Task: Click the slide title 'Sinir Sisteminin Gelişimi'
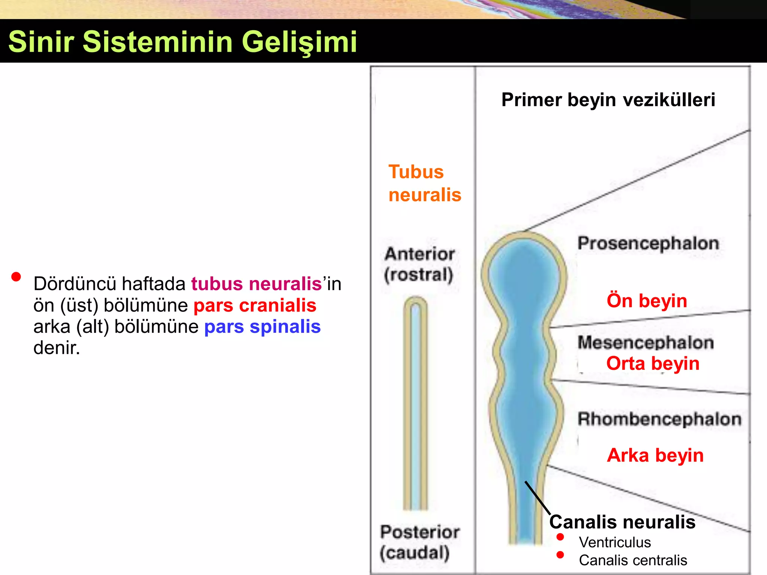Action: [x=182, y=41]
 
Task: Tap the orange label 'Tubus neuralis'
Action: [x=424, y=183]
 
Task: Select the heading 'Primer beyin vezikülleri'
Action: [x=608, y=100]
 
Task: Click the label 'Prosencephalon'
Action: [x=648, y=243]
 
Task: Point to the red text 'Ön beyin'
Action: [x=647, y=301]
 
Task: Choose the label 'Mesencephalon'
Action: [x=646, y=343]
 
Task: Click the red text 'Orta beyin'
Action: [x=653, y=363]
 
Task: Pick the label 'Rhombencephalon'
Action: [x=659, y=419]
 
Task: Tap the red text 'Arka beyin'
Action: [x=655, y=456]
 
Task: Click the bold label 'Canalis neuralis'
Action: [x=622, y=522]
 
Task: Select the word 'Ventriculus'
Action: [x=615, y=542]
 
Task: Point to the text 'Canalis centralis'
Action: [x=633, y=560]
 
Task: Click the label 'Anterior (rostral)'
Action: [x=419, y=264]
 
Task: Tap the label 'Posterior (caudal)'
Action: [x=419, y=542]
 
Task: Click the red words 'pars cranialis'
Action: [x=255, y=305]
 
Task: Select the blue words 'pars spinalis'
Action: [x=262, y=327]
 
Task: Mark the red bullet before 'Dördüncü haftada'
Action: [x=16, y=277]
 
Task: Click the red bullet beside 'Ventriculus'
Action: [x=560, y=537]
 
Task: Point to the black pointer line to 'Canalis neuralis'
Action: [x=537, y=498]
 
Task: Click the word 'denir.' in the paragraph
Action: [x=57, y=348]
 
